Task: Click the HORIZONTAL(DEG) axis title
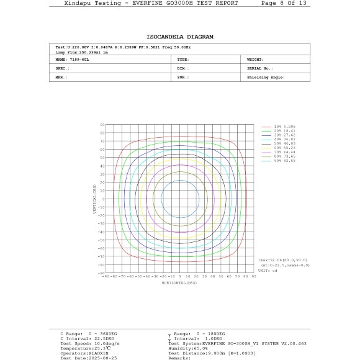pyautogui.click(x=179, y=282)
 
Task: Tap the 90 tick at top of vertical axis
pyautogui.click(x=101, y=125)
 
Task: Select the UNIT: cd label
pyautogui.click(x=268, y=269)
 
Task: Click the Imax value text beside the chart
pyautogui.click(x=283, y=261)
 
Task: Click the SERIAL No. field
pyautogui.click(x=262, y=68)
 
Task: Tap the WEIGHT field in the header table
pyautogui.click(x=257, y=60)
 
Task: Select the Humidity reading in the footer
pyautogui.click(x=187, y=349)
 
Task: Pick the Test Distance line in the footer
pyautogui.click(x=210, y=353)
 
